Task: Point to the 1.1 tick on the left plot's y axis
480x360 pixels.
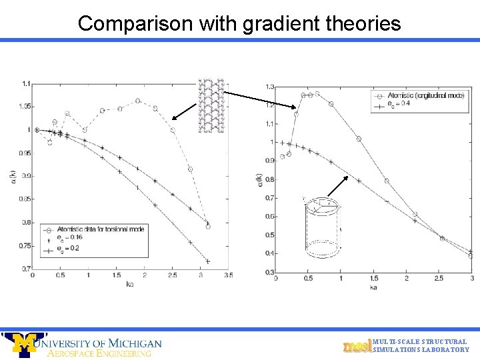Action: pyautogui.click(x=25, y=84)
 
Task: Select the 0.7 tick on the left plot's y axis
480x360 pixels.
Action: pyautogui.click(x=25, y=269)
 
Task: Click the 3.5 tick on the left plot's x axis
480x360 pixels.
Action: pyautogui.click(x=228, y=275)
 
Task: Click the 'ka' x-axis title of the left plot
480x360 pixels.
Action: pyautogui.click(x=131, y=283)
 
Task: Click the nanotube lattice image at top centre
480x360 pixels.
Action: pyautogui.click(x=211, y=105)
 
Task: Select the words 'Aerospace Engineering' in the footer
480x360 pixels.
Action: pyautogui.click(x=100, y=353)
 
